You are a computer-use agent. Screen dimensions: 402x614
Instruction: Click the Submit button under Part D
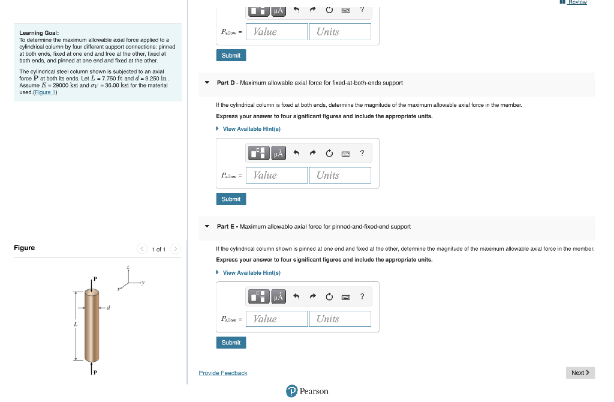tap(231, 199)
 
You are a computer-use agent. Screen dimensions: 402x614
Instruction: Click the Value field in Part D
tap(276, 175)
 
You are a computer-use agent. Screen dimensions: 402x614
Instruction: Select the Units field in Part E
tap(340, 319)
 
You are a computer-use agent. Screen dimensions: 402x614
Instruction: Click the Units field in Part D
tap(340, 175)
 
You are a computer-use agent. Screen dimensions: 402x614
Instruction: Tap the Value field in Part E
tap(276, 319)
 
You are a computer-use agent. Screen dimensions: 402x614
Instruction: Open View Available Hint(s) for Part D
tap(251, 129)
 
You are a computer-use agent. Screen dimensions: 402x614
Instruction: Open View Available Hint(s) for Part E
tap(251, 273)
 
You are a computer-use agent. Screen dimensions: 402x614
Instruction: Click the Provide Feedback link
tap(223, 373)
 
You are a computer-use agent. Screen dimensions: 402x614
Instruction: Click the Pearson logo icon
tap(292, 391)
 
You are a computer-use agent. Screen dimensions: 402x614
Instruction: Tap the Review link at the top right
tap(577, 2)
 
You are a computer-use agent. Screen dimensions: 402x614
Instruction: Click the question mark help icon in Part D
tap(362, 153)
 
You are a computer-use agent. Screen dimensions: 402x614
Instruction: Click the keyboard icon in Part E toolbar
tap(345, 297)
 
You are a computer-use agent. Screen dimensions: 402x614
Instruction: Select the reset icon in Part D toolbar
tap(329, 153)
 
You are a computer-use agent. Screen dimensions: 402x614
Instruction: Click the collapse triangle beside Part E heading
tap(207, 227)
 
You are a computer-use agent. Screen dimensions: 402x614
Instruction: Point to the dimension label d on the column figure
tap(108, 309)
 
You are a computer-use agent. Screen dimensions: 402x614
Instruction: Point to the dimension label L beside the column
tap(76, 325)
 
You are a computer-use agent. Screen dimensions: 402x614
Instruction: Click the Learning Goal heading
tap(39, 32)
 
